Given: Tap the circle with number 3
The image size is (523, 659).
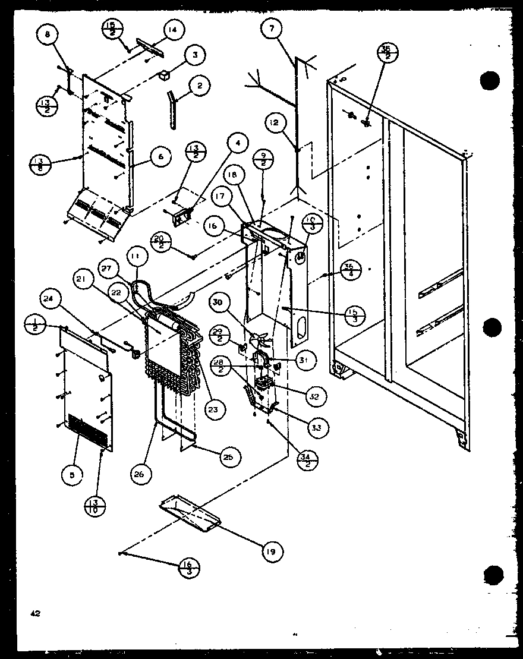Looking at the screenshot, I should click(194, 56).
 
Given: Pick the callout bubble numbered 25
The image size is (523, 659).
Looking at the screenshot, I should click(226, 456).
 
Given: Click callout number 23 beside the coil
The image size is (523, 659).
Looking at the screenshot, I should click(212, 408).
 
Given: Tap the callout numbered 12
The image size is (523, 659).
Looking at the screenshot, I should click(273, 123).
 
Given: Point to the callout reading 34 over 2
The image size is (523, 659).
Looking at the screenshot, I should click(307, 460).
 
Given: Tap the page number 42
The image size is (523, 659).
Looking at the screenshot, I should click(36, 614).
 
